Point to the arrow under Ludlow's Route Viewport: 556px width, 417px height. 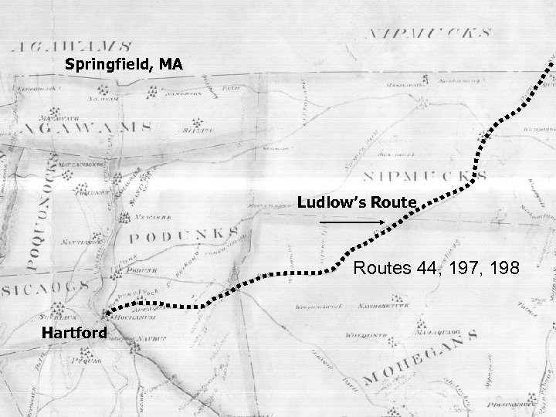(351, 222)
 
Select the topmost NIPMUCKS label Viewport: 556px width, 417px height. (428, 34)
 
